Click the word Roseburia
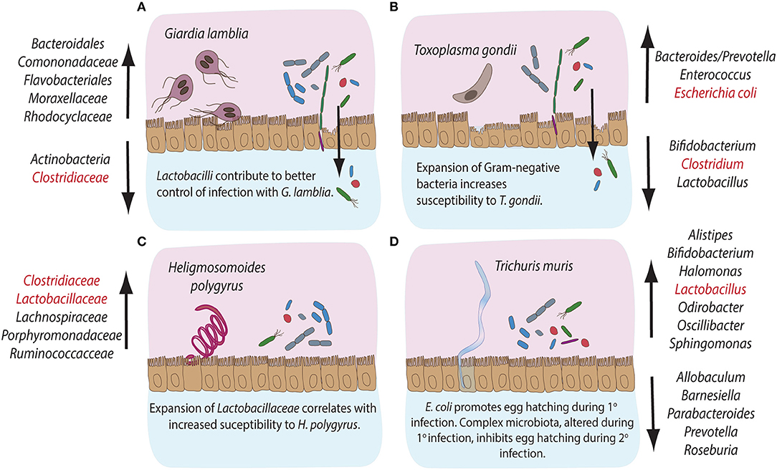click(x=713, y=451)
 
